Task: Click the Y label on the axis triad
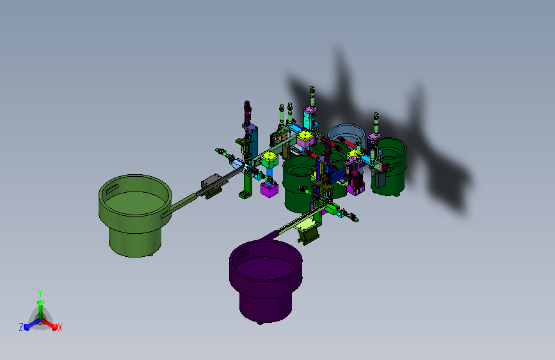[40, 293]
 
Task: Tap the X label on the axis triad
[60, 327]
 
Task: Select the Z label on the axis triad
[21, 327]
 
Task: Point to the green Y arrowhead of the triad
[40, 302]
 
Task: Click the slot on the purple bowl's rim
[243, 254]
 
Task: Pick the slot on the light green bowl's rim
[112, 189]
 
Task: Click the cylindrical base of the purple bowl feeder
[266, 306]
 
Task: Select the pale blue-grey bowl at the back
[346, 134]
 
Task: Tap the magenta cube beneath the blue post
[269, 189]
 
